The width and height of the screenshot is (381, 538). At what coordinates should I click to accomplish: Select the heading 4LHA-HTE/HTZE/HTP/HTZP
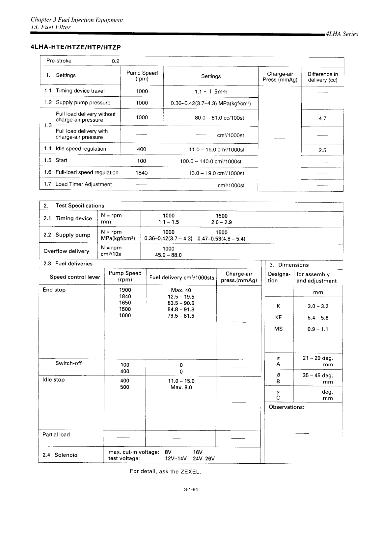pos(76,47)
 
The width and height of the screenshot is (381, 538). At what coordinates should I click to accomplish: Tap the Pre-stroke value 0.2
pos(116,61)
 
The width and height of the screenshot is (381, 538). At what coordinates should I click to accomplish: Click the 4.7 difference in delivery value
pos(322,118)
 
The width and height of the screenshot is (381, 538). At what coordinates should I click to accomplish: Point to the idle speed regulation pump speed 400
pos(142,149)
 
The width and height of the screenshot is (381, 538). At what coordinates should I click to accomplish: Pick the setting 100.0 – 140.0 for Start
pos(210,161)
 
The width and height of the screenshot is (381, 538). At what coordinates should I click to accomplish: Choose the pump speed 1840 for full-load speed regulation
pos(142,173)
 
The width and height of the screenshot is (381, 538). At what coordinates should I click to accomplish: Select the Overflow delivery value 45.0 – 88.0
pos(168,255)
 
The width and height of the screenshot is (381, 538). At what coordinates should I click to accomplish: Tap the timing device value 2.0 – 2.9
pos(221,222)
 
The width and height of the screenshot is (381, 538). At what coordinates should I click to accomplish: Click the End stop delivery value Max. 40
pos(181,290)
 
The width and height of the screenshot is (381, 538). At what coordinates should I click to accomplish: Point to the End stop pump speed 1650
pos(125,303)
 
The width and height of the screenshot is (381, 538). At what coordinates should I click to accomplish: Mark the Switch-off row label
pos(68,363)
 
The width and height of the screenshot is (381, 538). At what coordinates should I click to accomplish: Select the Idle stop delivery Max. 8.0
pos(181,387)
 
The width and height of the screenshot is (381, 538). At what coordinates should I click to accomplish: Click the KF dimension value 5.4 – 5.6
pos(318,318)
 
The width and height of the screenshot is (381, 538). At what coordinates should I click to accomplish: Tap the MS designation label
pos(278,329)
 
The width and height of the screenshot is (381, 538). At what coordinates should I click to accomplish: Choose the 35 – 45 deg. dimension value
pos(317,376)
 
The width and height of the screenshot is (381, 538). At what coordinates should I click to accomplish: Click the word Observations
pos(286,407)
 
